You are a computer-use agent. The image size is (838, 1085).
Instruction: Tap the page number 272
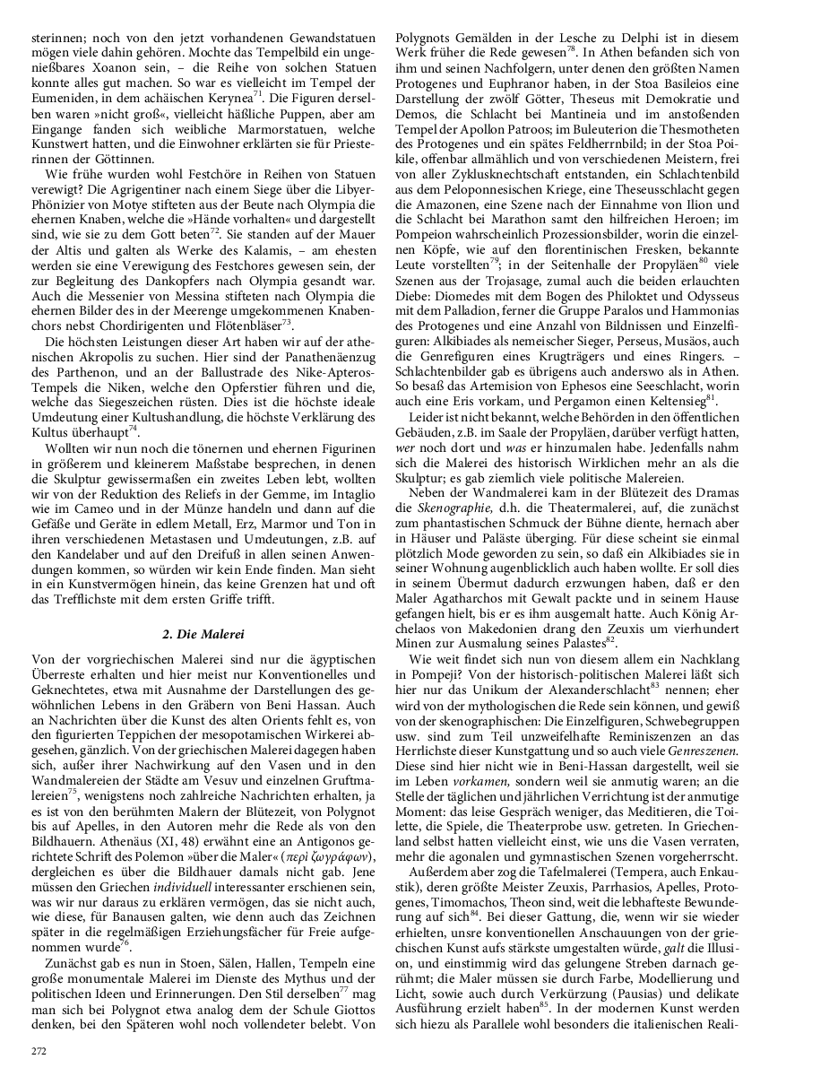click(39, 1049)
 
